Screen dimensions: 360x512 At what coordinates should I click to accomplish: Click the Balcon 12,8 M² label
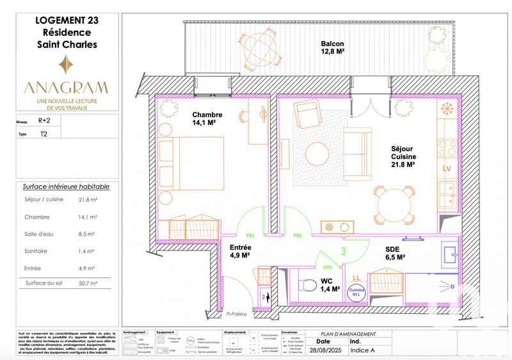pyautogui.click(x=333, y=49)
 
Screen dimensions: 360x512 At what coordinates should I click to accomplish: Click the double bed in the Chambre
pyautogui.click(x=191, y=164)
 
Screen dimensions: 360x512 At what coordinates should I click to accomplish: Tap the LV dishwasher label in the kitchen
pyautogui.click(x=447, y=168)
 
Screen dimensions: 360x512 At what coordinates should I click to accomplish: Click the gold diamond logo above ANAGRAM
pyautogui.click(x=65, y=65)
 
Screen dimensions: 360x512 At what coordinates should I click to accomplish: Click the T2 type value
pyautogui.click(x=44, y=134)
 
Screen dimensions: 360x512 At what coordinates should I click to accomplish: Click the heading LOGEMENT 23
pyautogui.click(x=65, y=20)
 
